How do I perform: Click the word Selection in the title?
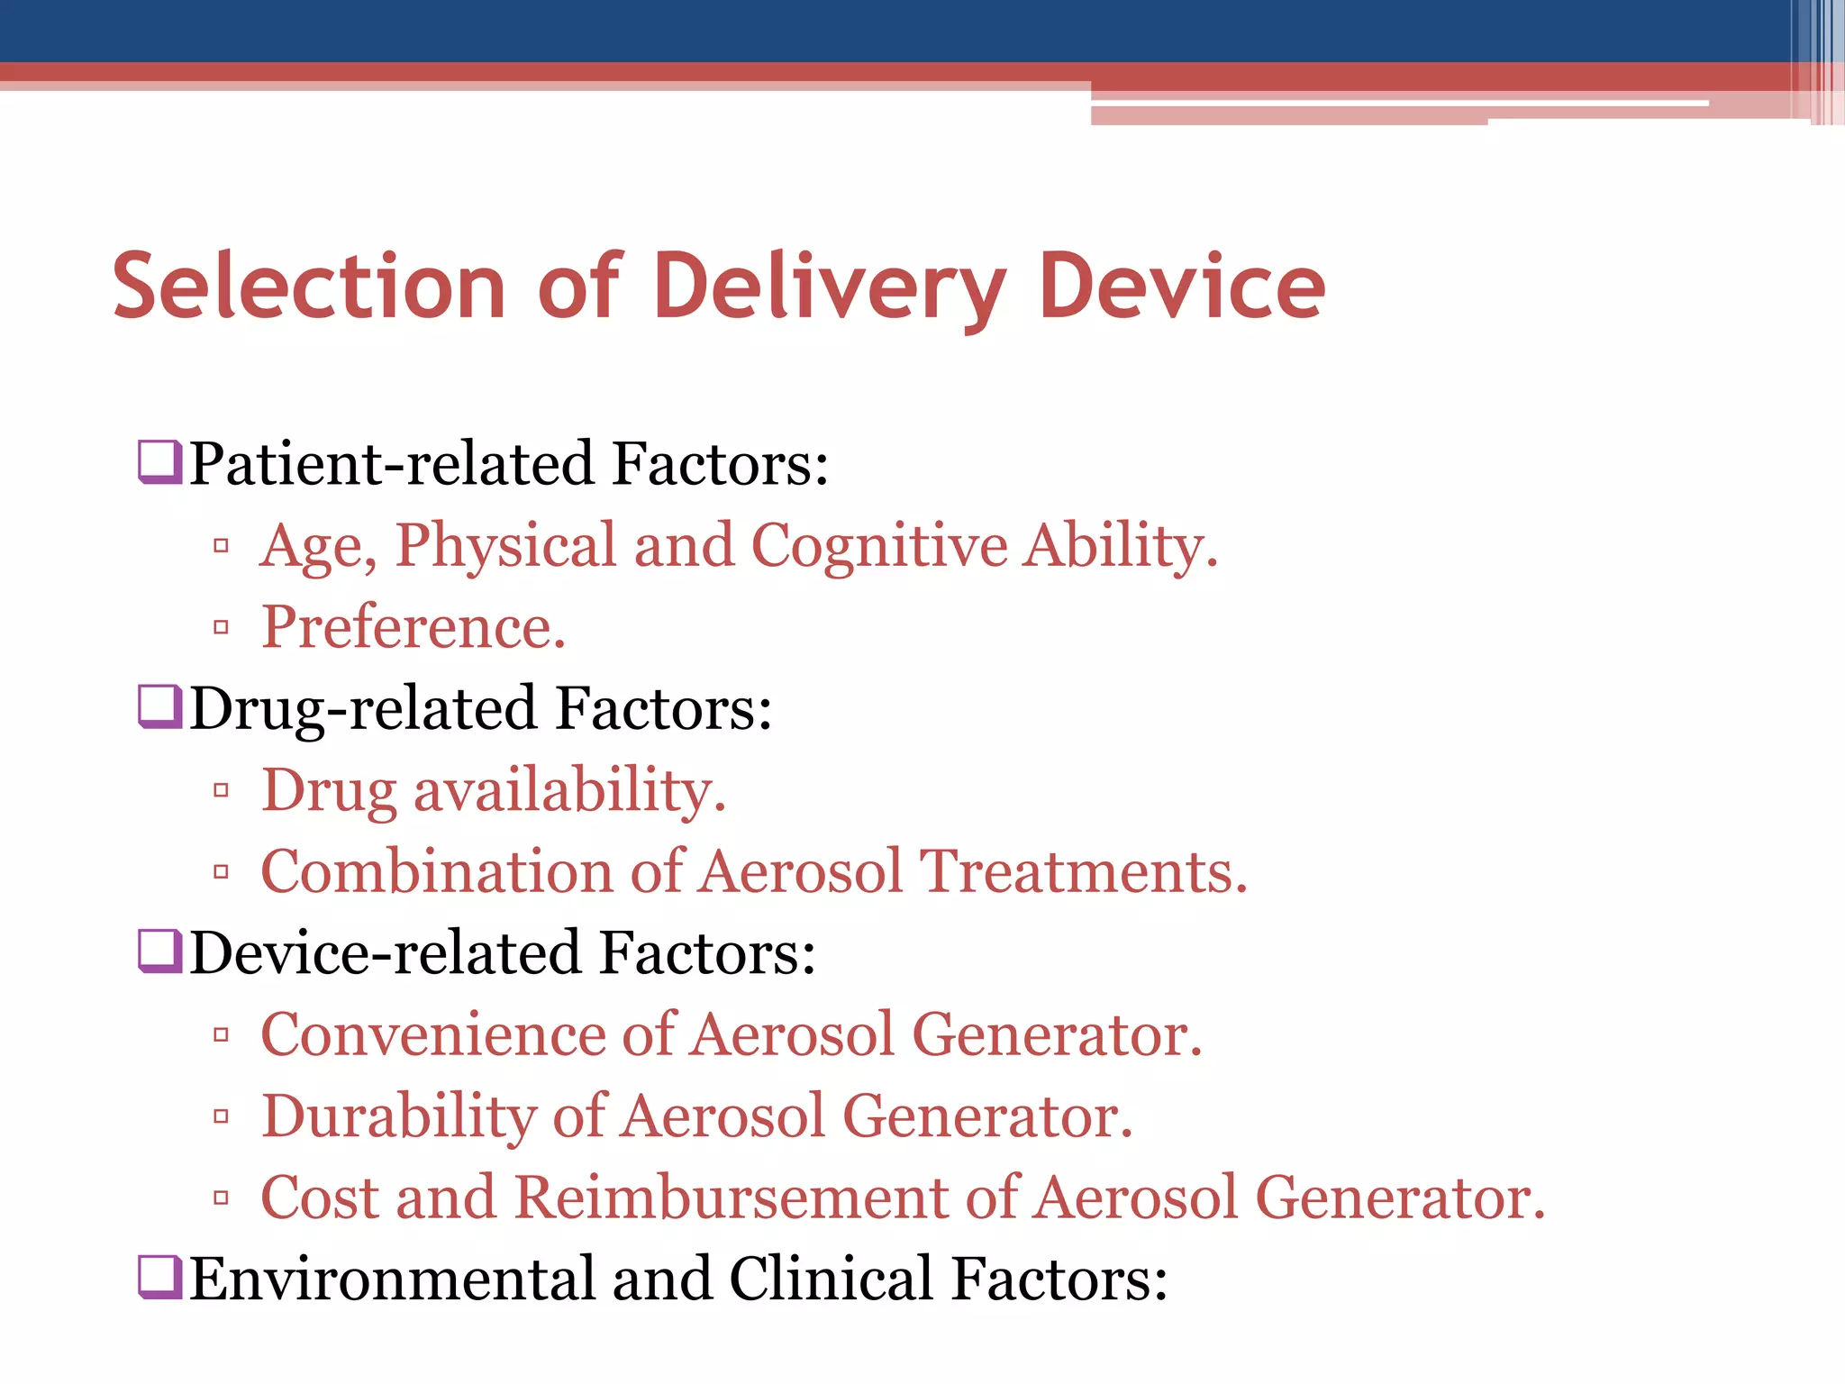pos(308,287)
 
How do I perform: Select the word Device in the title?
pos(1182,287)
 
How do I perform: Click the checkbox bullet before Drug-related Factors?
pos(159,706)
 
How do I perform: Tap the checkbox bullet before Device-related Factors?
pos(159,951)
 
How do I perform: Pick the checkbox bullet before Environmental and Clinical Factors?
pos(159,1278)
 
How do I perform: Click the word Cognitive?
pos(878,547)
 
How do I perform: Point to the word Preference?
pos(413,627)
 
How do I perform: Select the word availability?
pos(568,791)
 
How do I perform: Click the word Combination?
pos(437,871)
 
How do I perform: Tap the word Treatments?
pos(1082,871)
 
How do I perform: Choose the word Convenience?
pos(432,1034)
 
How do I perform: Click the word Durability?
pos(398,1117)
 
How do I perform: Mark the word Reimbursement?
pos(731,1197)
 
